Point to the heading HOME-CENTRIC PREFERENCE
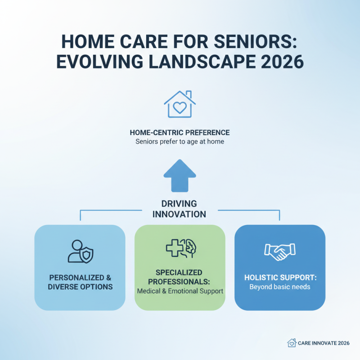coord(180,133)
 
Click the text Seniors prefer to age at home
coord(180,142)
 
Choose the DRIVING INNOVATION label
coord(180,209)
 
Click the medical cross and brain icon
coord(180,248)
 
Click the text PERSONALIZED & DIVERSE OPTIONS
coord(80,282)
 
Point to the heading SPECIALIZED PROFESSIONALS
coord(180,277)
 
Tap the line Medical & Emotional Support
coord(180,291)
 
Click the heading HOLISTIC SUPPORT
coord(279,278)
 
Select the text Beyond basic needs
coord(279,287)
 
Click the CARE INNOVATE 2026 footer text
coord(324,343)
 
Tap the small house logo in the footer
coord(292,342)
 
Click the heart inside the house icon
coord(180,108)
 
